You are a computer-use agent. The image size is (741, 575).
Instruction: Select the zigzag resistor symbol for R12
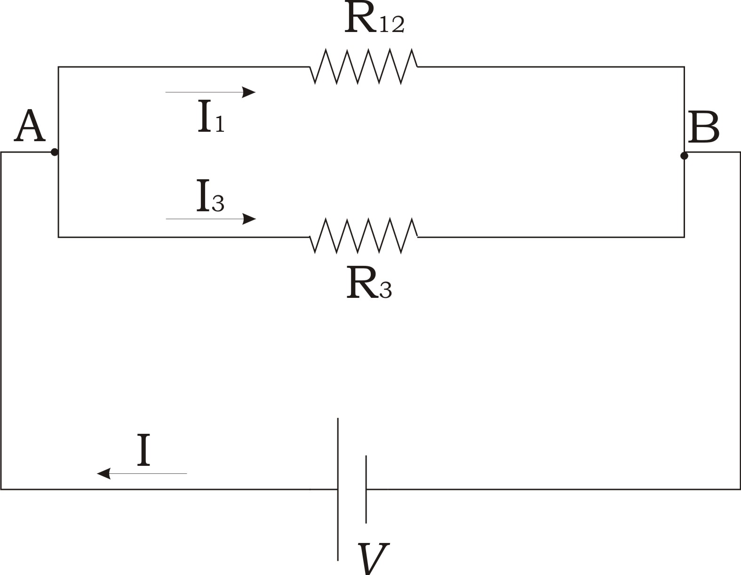pos(364,66)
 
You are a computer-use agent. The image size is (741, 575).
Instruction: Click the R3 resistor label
pos(369,282)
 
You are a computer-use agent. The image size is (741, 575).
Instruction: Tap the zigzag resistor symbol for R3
pos(364,236)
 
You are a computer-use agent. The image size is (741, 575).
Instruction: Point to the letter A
pos(30,126)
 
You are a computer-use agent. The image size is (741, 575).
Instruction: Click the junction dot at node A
pos(54,152)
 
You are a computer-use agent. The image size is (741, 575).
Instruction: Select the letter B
pos(704,127)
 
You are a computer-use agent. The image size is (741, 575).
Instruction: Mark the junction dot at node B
pos(684,156)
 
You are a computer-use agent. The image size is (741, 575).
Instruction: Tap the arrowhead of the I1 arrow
pos(248,92)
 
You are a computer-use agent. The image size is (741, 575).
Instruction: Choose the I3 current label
pos(210,195)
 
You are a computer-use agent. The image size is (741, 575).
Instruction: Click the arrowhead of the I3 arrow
pos(249,219)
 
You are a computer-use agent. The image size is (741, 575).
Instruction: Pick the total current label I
pos(143,450)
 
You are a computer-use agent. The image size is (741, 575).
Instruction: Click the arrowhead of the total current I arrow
pos(104,473)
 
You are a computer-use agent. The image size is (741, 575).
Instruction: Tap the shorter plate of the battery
pos(366,489)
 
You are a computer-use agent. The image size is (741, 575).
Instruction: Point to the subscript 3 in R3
pos(385,291)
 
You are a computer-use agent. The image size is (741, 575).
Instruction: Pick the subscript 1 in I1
pos(220,124)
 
